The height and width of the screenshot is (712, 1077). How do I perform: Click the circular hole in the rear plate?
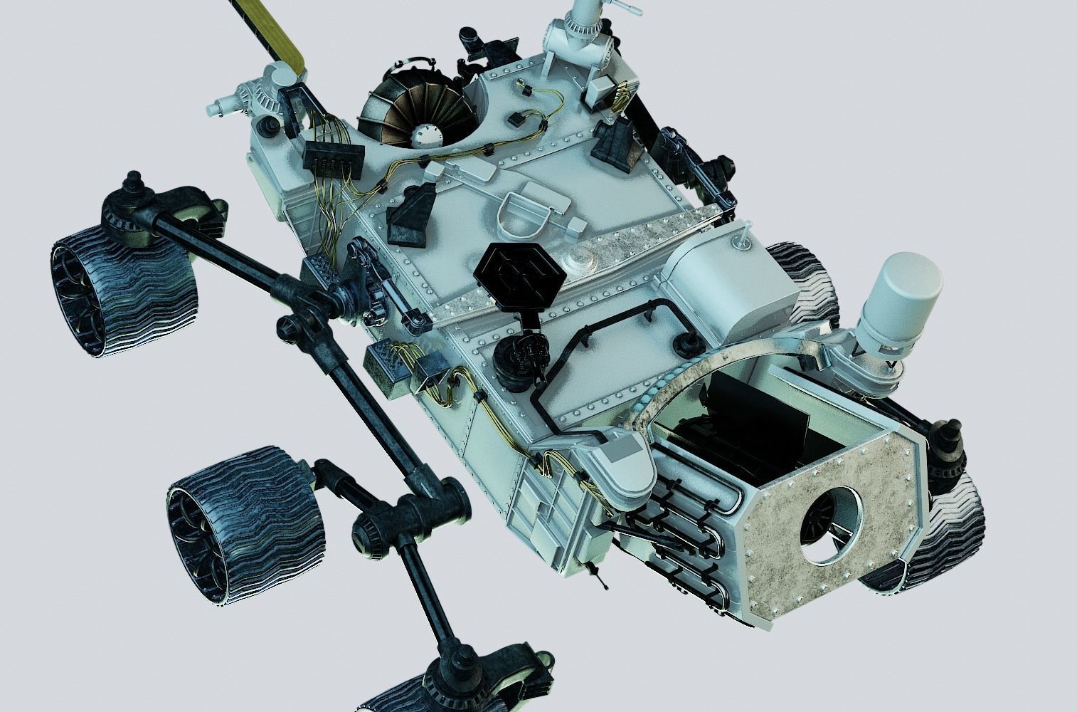[x=831, y=525]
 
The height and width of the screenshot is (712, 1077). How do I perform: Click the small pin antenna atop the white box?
[x=744, y=236]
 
